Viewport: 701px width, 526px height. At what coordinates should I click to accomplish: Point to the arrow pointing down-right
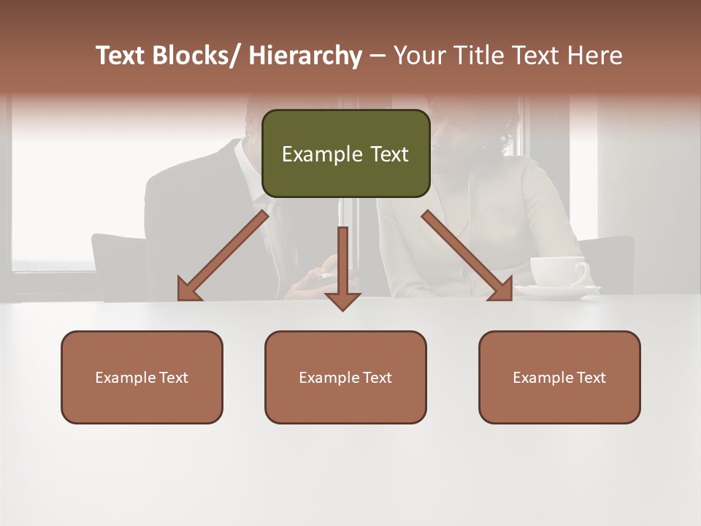point(467,256)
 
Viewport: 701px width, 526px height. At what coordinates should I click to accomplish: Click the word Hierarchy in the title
point(305,56)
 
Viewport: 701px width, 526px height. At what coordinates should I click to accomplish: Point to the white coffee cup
point(559,271)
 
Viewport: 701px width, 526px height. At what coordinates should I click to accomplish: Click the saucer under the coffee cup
point(559,292)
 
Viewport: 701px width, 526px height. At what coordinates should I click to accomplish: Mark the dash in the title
point(377,56)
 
